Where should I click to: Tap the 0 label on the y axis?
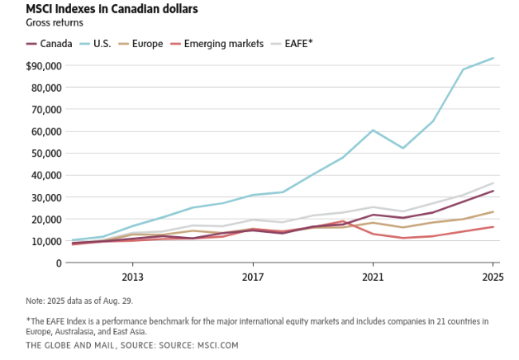point(59,263)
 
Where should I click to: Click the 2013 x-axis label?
point(133,277)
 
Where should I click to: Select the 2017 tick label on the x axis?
point(253,277)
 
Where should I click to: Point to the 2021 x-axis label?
point(373,277)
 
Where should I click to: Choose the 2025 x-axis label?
point(493,277)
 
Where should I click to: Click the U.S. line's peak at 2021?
point(373,130)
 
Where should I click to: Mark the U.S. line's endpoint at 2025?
point(493,58)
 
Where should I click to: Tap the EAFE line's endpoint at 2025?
point(493,183)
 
